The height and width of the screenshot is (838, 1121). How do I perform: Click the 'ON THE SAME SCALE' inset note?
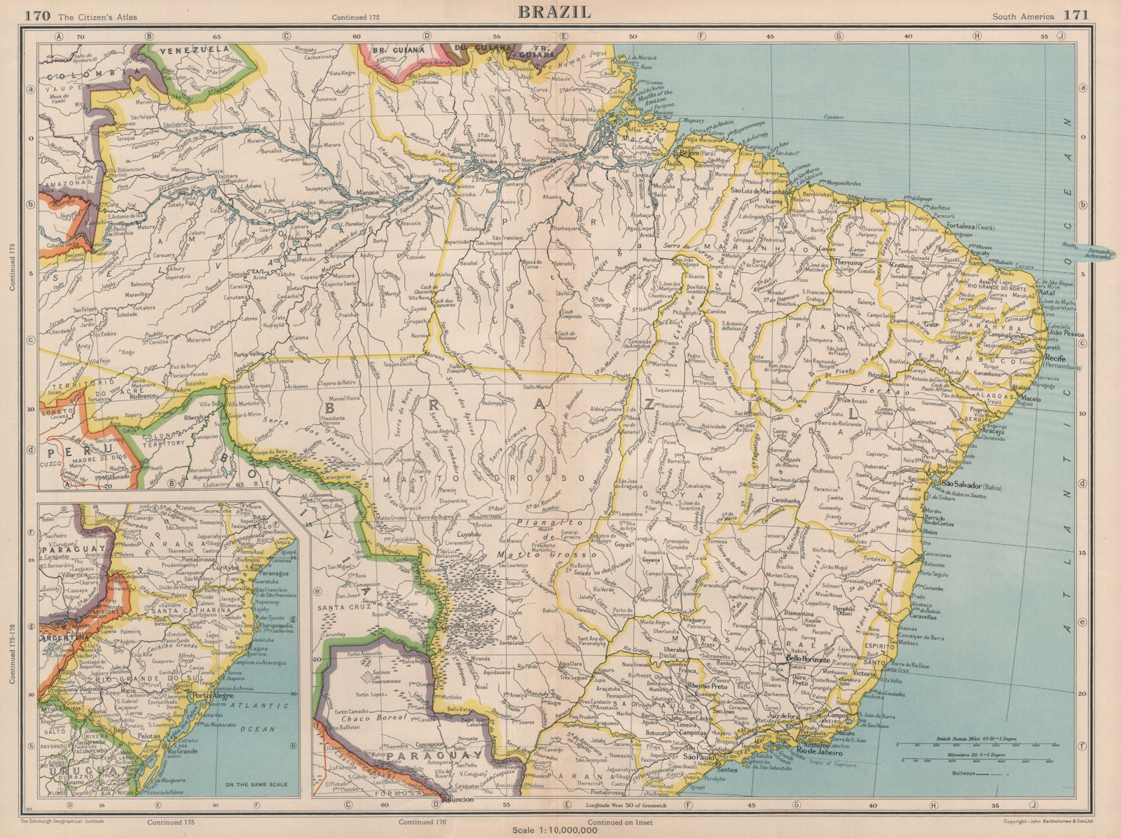[x=254, y=784]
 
